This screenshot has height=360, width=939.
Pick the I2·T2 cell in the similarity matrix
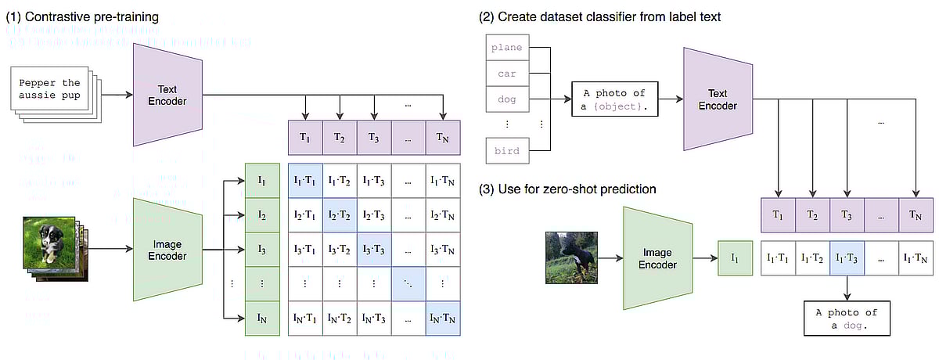click(340, 214)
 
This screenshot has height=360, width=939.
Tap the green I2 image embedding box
click(263, 214)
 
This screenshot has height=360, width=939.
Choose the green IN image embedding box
click(263, 318)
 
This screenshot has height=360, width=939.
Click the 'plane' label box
click(505, 48)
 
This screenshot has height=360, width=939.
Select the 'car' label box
click(505, 74)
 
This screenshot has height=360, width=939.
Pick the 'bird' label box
click(505, 149)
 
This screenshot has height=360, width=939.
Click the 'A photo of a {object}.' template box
click(614, 99)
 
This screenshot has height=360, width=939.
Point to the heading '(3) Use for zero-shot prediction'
click(570, 189)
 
